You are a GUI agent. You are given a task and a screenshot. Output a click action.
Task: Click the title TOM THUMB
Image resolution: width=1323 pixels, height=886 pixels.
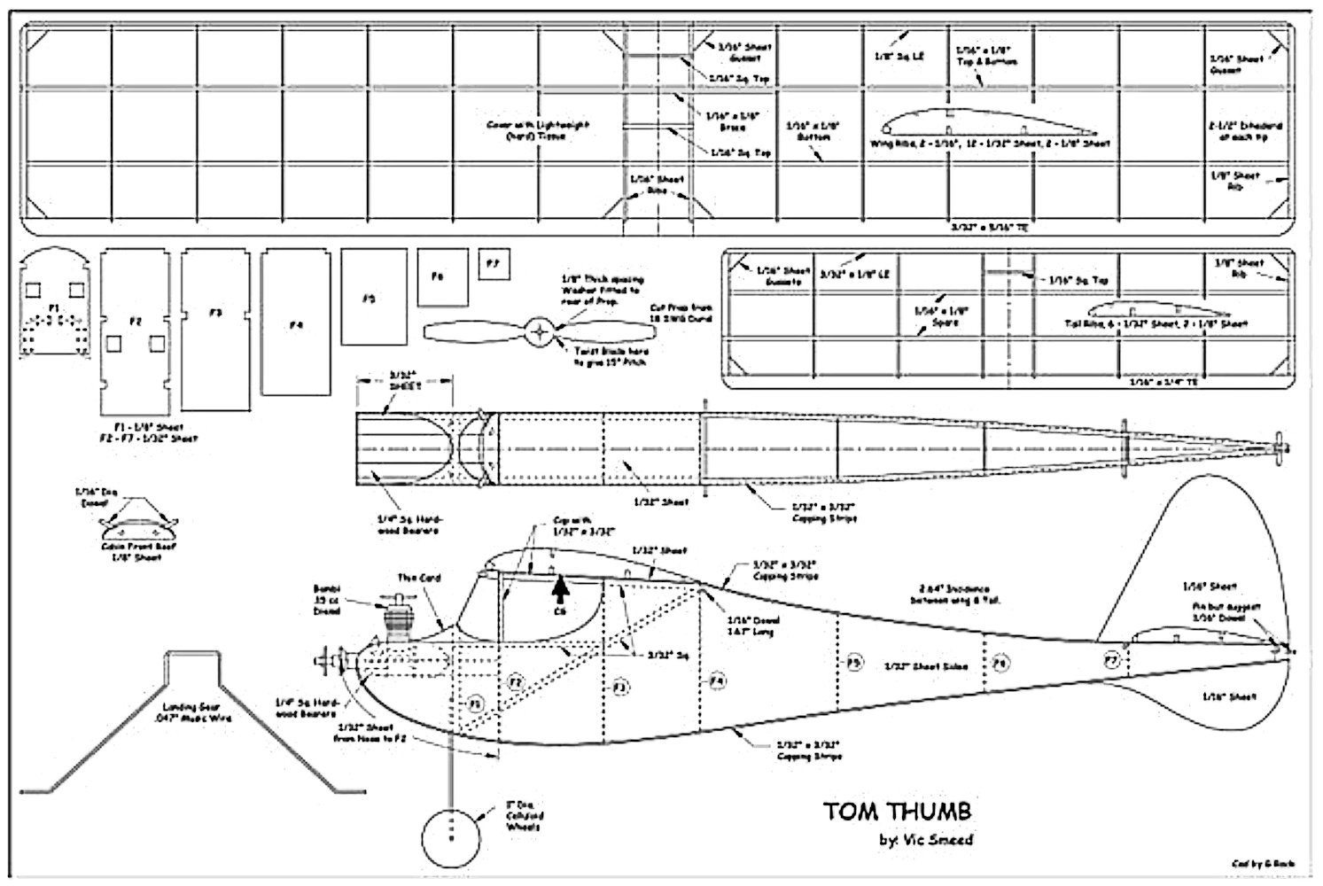coord(898,811)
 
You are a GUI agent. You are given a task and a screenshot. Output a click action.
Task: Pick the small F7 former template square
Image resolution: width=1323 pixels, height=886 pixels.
coord(494,263)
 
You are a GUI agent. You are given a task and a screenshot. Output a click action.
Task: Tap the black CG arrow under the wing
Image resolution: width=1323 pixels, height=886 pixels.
coord(559,589)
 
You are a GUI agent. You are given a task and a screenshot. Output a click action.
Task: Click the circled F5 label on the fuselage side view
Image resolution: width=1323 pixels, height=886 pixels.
coord(852,662)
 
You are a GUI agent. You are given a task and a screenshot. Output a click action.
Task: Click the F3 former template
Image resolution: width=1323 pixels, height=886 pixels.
coord(215,329)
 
